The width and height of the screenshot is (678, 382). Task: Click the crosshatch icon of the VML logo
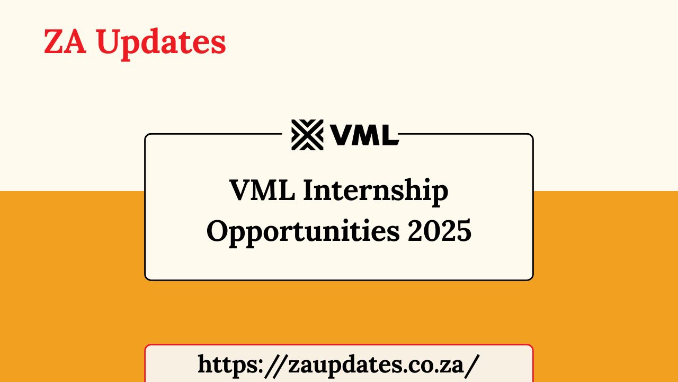[307, 135]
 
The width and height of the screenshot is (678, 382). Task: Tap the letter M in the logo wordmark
[365, 135]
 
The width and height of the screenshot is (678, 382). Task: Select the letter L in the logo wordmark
[389, 135]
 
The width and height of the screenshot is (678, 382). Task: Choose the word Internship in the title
[376, 192]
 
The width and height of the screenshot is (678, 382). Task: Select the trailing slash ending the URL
[474, 364]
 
